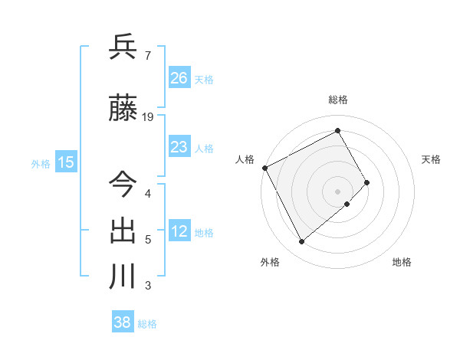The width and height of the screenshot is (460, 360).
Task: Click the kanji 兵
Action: pyautogui.click(x=123, y=48)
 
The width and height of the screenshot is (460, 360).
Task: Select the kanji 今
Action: pyautogui.click(x=123, y=183)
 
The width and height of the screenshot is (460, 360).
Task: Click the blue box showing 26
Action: pyautogui.click(x=179, y=78)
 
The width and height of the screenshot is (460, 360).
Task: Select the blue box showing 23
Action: pyautogui.click(x=179, y=147)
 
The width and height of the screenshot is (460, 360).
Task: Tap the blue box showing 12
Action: pyautogui.click(x=179, y=231)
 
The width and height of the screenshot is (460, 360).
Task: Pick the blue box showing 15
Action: pyautogui.click(x=66, y=162)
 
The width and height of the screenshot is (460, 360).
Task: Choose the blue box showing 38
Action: pyautogui.click(x=123, y=322)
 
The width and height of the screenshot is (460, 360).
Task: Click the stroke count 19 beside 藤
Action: pyautogui.click(x=149, y=117)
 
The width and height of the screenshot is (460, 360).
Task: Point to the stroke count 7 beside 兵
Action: pyautogui.click(x=147, y=56)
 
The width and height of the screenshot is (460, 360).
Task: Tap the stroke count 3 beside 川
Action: pyautogui.click(x=147, y=286)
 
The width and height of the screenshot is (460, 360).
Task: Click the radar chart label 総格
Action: pyautogui.click(x=338, y=100)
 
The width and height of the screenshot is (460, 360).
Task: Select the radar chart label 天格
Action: pyautogui.click(x=432, y=159)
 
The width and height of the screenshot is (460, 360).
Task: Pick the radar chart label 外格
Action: pyautogui.click(x=270, y=262)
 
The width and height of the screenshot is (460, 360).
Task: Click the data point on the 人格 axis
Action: pyautogui.click(x=264, y=168)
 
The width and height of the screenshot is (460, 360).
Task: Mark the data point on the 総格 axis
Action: pyautogui.click(x=338, y=131)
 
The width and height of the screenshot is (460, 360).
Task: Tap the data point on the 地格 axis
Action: pyautogui.click(x=347, y=204)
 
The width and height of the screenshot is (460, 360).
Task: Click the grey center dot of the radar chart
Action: pyautogui.click(x=338, y=190)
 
